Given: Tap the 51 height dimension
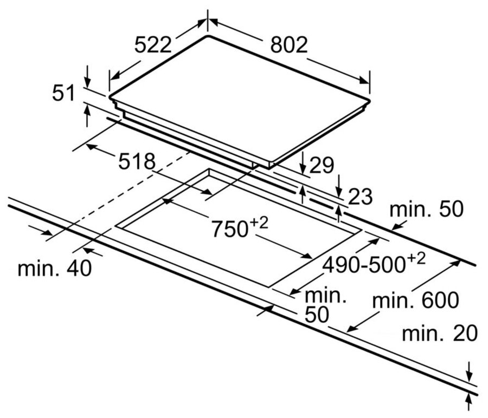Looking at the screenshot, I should click(x=63, y=94).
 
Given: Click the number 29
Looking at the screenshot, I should click(x=321, y=165).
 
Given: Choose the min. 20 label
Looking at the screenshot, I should click(x=439, y=334).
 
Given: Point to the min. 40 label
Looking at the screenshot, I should click(x=54, y=268).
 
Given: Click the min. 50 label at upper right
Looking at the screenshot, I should click(x=427, y=210).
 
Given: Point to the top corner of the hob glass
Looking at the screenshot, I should click(x=207, y=36).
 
